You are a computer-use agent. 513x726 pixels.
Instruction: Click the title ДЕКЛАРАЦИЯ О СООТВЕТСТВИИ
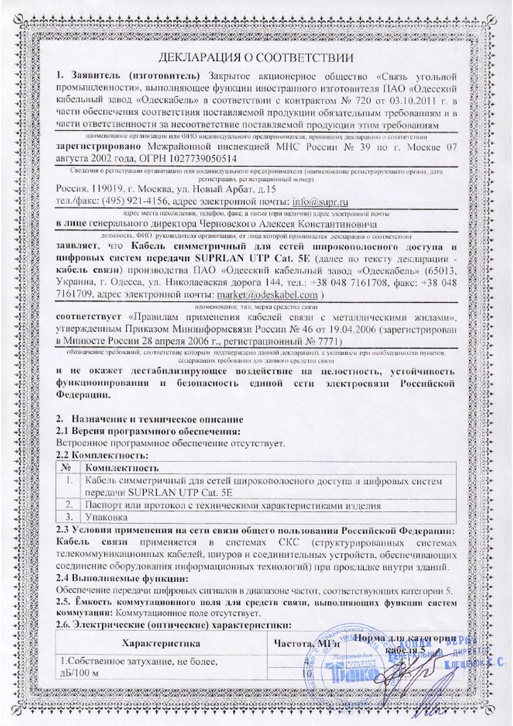tap(257, 58)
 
